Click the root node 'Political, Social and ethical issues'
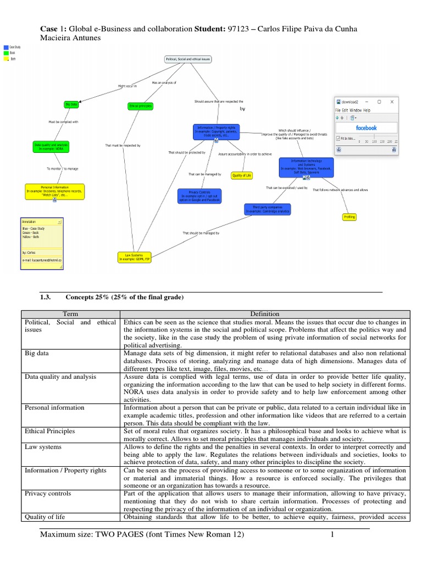188,58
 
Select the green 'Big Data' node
71,104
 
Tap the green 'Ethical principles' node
140,106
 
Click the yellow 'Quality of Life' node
241,176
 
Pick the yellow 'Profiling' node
349,217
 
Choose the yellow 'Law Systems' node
134,257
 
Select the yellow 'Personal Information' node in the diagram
54,191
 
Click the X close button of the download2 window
392,102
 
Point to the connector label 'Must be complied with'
64,122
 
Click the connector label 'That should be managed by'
201,233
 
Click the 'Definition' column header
264,314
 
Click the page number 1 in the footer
332,534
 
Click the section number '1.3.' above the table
46,297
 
